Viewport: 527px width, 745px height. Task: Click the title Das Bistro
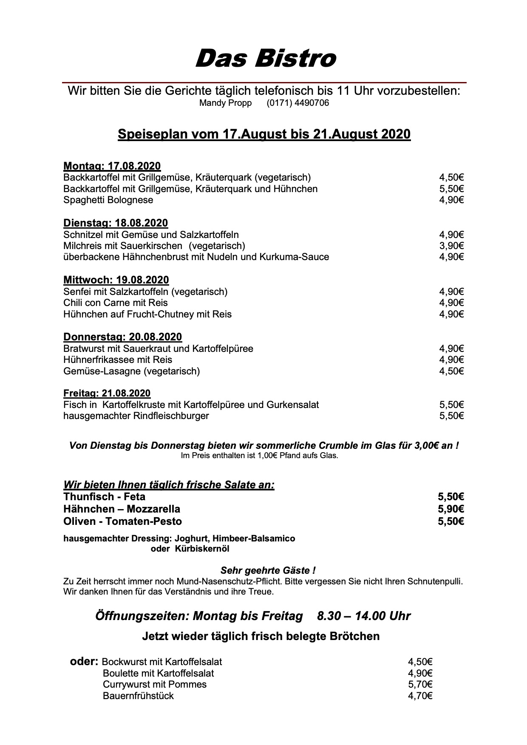tap(265, 58)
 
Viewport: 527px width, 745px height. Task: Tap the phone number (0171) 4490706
tap(297, 103)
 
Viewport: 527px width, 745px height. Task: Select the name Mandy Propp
tap(225, 103)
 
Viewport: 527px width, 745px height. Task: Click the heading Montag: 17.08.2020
tap(112, 166)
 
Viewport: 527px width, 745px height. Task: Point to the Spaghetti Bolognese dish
tap(108, 200)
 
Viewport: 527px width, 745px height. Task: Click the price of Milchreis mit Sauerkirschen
tap(451, 246)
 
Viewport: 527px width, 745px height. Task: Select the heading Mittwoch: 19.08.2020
tap(116, 280)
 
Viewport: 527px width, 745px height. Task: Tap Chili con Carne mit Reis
tap(116, 303)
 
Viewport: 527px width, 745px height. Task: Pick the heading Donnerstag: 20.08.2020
tap(122, 337)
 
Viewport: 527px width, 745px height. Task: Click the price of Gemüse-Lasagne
tap(451, 371)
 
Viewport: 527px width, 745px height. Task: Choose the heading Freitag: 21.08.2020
tap(107, 394)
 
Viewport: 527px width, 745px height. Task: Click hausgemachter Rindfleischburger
tap(136, 416)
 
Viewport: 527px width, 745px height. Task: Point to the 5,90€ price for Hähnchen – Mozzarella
tap(450, 509)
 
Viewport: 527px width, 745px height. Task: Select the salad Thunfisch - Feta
tap(105, 497)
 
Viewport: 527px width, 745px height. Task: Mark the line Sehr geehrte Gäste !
tap(268, 570)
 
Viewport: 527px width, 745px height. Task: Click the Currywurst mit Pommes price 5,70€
tap(420, 684)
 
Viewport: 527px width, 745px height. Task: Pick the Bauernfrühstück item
tap(138, 696)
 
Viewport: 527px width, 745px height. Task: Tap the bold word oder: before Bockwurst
tap(84, 662)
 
